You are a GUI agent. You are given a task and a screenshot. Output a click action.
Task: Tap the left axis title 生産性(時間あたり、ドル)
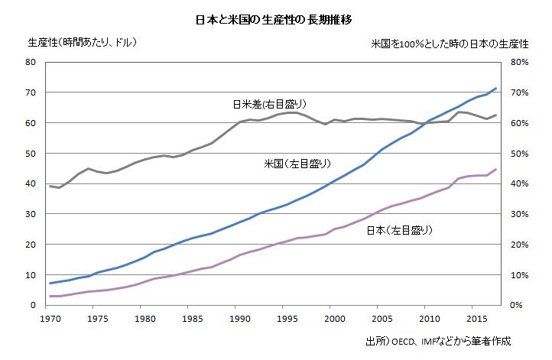tap(82, 42)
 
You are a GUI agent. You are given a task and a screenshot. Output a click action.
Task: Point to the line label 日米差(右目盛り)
tap(263, 103)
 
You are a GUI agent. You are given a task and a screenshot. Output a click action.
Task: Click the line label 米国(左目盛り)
tap(297, 164)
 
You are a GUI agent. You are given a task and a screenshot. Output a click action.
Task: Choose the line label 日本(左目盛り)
tap(398, 229)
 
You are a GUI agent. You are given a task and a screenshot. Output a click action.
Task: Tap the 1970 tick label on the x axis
tap(50, 317)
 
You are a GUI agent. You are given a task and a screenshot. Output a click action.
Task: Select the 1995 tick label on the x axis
tap(286, 317)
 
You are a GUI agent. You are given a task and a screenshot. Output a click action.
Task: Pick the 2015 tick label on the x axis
tap(474, 317)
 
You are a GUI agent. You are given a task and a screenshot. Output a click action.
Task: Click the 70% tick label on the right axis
tap(520, 93)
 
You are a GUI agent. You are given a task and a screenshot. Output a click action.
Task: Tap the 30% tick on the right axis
tap(520, 214)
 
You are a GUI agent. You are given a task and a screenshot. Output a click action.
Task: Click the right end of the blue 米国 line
tap(496, 89)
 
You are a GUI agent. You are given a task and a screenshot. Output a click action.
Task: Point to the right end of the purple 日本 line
tap(496, 170)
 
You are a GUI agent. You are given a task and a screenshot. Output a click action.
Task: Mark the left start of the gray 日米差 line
tap(50, 186)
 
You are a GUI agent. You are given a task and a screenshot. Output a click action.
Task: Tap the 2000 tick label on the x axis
tap(333, 317)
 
